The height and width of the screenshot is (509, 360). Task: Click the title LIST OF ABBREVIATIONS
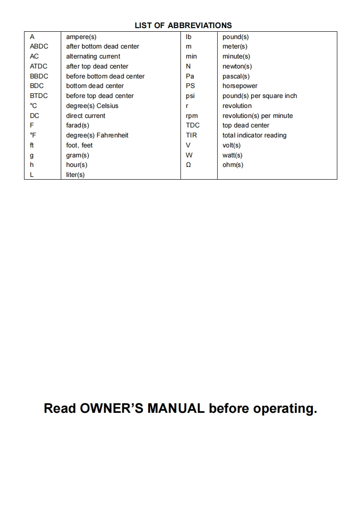[183, 25]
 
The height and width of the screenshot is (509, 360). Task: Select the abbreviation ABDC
[39, 46]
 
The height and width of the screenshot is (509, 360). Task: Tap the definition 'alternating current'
[93, 56]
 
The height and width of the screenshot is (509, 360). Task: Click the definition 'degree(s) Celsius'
[92, 106]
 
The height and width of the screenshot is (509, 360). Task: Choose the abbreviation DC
[34, 116]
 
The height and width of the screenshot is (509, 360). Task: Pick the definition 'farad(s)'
[78, 125]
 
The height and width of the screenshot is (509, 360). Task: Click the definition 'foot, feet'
[79, 145]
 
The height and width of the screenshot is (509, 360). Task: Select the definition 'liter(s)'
[75, 175]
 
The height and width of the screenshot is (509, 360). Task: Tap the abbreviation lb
[189, 37]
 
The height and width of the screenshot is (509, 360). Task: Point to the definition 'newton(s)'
[237, 66]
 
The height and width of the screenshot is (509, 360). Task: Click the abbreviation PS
[190, 86]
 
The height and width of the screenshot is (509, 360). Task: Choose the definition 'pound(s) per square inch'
[260, 96]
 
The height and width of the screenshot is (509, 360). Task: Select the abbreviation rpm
[192, 116]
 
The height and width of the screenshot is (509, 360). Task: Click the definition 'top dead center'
[246, 125]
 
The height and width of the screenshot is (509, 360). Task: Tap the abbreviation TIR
[191, 135]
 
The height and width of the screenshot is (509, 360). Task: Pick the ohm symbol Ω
[189, 165]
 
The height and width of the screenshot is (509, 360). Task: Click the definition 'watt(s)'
[232, 155]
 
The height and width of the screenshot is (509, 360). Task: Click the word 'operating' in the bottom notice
[285, 408]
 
